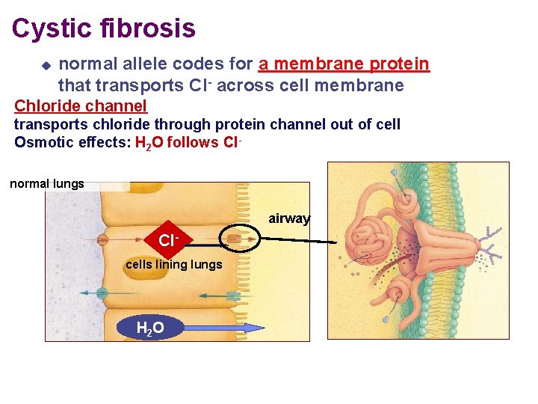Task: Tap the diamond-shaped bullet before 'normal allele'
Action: (45, 65)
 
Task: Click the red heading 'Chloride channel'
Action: (81, 105)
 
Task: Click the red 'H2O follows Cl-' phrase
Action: (190, 143)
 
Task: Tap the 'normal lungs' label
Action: (46, 183)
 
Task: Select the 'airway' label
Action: (289, 218)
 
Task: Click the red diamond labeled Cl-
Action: (168, 241)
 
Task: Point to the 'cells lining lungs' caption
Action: (173, 264)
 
